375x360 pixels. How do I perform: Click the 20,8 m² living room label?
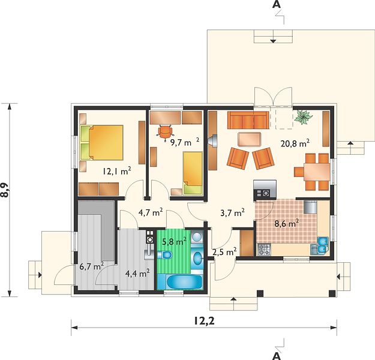295,144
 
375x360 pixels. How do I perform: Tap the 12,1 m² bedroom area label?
117,171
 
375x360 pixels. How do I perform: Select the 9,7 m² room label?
184,143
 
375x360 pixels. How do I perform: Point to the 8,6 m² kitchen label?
287,224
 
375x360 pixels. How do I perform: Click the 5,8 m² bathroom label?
175,242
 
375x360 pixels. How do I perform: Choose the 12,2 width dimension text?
204,321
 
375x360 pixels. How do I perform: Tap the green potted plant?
303,117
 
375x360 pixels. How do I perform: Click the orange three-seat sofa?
248,121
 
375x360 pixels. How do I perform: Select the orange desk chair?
165,131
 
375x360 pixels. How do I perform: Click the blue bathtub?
184,282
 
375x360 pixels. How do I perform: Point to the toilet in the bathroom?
165,255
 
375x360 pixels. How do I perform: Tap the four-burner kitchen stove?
264,250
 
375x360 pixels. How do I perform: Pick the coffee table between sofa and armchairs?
250,139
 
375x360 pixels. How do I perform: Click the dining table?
317,172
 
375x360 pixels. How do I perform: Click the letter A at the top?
277,4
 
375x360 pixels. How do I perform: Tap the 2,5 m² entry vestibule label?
224,252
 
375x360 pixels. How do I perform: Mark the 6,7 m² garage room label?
91,266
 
